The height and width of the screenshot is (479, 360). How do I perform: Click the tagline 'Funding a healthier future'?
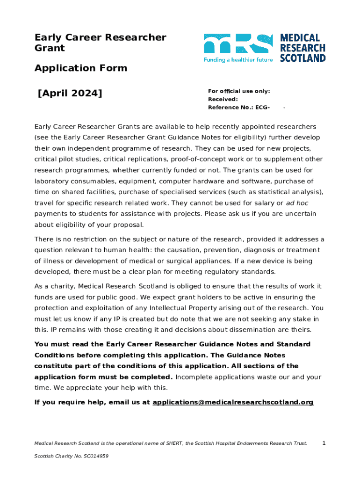pos(238,60)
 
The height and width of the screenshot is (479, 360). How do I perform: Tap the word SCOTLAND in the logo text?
pos(302,58)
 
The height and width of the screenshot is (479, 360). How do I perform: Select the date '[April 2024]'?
pos(70,93)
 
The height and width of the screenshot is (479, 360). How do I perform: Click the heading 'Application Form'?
pos(80,68)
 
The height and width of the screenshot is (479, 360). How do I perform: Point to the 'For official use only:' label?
pos(239,92)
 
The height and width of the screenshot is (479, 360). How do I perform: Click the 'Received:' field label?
pos(223,100)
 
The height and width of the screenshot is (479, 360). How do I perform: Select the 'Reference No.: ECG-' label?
pos(238,108)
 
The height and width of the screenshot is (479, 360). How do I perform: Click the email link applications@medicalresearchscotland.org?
pos(233,402)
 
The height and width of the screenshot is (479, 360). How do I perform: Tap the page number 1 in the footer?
pos(324,443)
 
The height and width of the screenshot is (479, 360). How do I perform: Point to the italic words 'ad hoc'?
pos(297,203)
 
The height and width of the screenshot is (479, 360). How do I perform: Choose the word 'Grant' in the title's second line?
pos(50,48)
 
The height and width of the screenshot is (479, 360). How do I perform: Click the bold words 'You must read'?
pos(58,344)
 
